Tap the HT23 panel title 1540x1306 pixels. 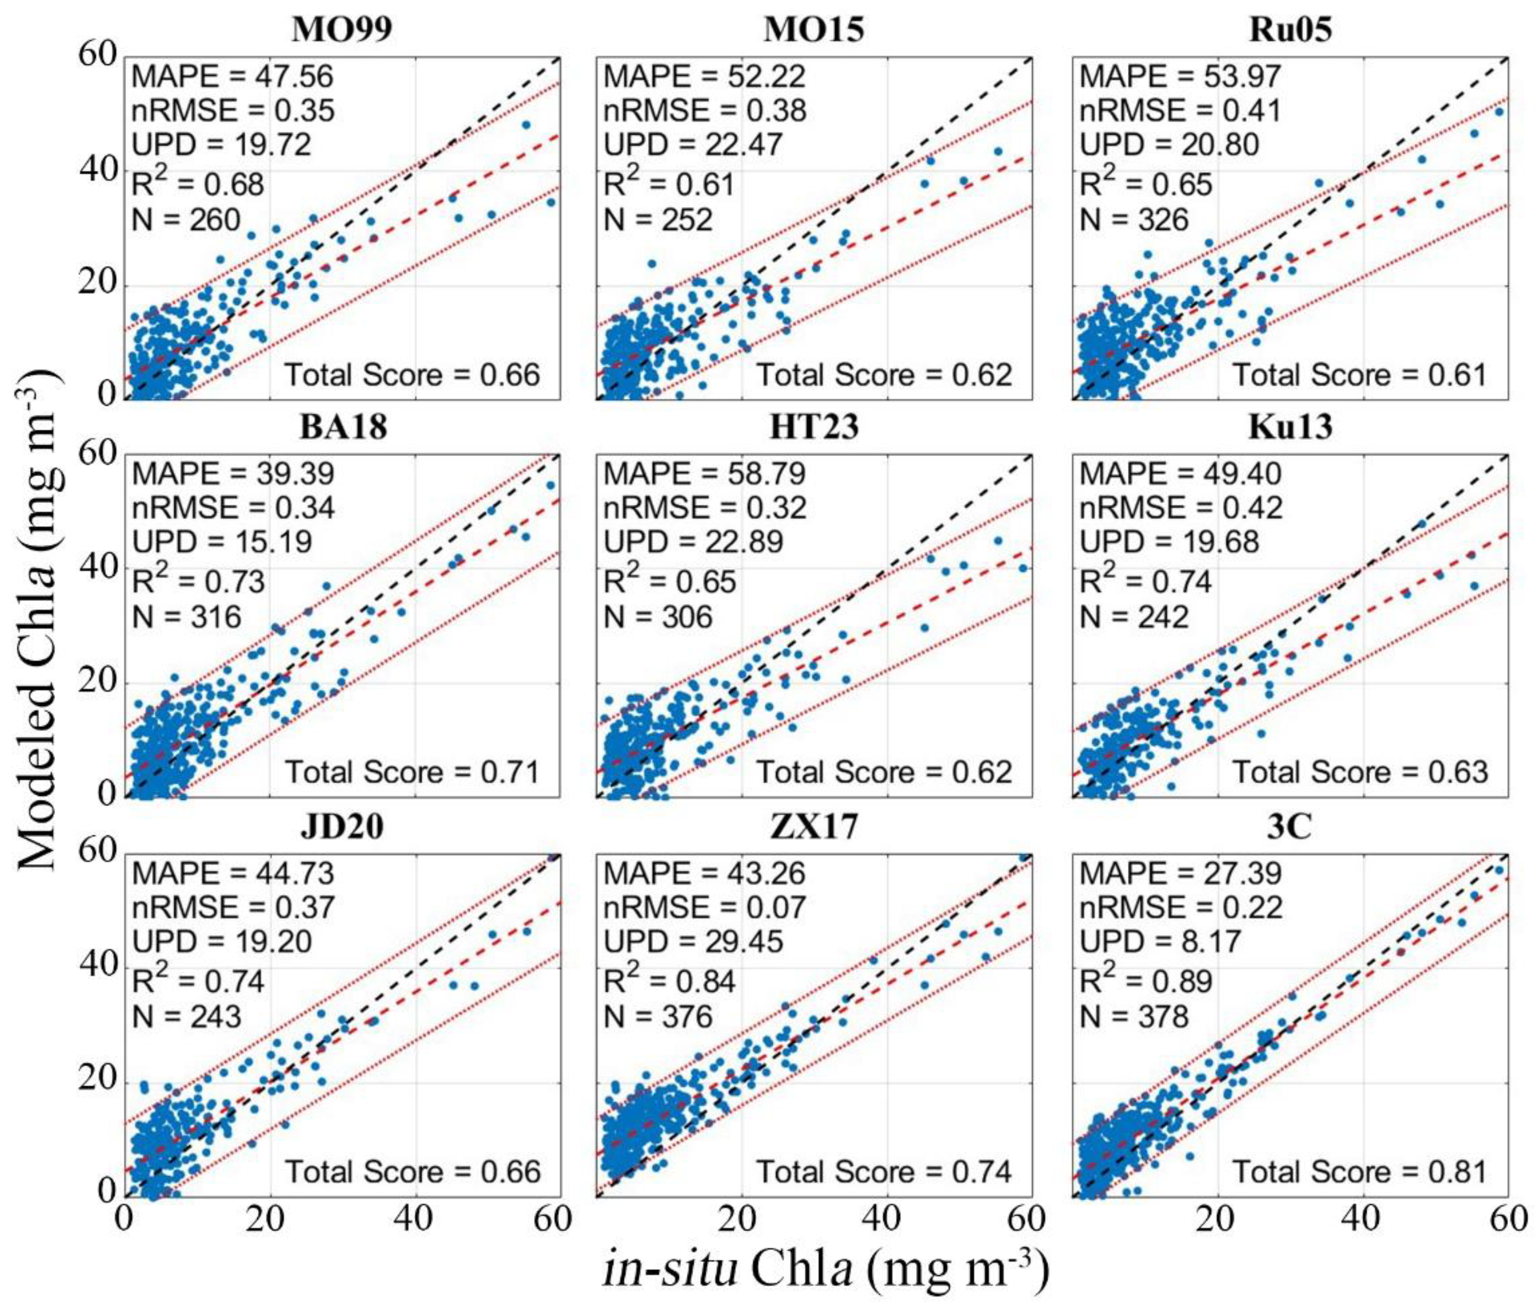(813, 427)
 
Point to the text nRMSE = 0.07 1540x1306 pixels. (704, 908)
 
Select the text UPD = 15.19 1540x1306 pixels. (222, 542)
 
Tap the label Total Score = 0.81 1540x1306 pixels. (1359, 1172)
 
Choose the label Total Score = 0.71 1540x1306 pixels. (413, 772)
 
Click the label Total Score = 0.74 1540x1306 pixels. (884, 1172)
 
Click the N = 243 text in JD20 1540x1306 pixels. (187, 1016)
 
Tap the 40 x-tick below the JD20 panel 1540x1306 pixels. (413, 1218)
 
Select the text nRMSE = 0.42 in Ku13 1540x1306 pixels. (1180, 508)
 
